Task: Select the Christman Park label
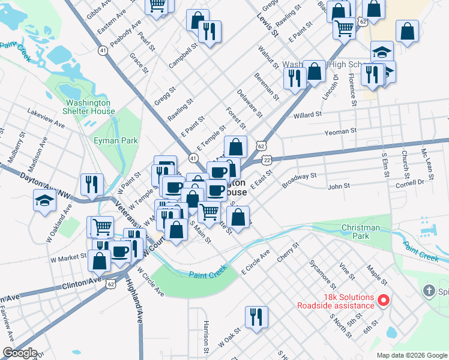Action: tap(360, 232)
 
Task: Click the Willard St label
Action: tap(307, 114)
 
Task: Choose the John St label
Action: tap(339, 187)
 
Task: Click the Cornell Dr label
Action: tap(409, 181)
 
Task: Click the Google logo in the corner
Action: tap(19, 353)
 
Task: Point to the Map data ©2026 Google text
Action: tap(411, 355)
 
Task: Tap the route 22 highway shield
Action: tap(267, 159)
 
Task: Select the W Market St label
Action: tap(68, 259)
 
